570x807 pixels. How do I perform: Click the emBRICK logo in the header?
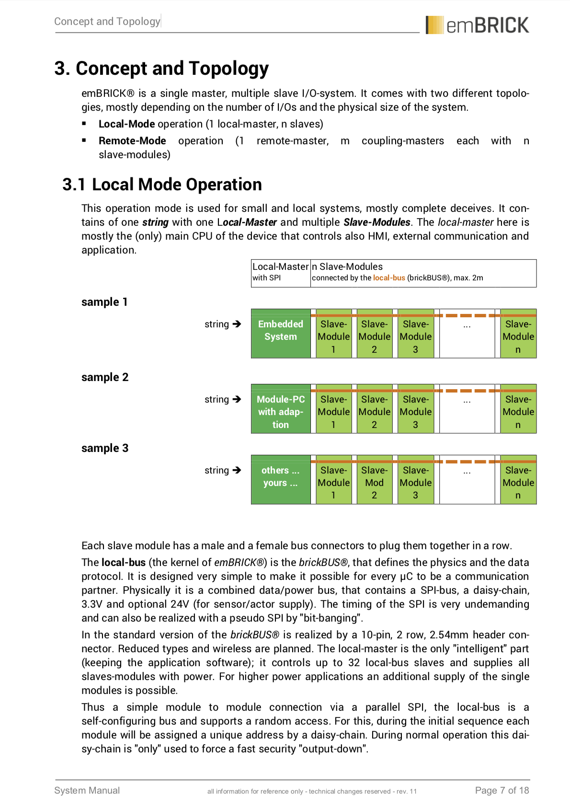477,25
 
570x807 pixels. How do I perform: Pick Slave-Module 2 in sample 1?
374,336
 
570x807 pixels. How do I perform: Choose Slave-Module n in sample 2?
518,411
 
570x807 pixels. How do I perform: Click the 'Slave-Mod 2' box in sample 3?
374,482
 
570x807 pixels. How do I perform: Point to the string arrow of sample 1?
237,324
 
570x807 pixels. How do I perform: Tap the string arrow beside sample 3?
237,470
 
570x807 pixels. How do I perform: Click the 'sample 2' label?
105,377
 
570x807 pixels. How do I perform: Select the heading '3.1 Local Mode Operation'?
162,184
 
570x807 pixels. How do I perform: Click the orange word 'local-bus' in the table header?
389,278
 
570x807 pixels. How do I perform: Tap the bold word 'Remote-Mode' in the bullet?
132,141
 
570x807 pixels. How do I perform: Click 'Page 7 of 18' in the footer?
502,790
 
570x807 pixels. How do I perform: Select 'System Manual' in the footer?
87,790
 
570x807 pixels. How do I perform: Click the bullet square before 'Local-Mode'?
84,124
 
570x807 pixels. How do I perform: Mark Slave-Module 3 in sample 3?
415,482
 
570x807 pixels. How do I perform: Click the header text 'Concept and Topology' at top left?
107,21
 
